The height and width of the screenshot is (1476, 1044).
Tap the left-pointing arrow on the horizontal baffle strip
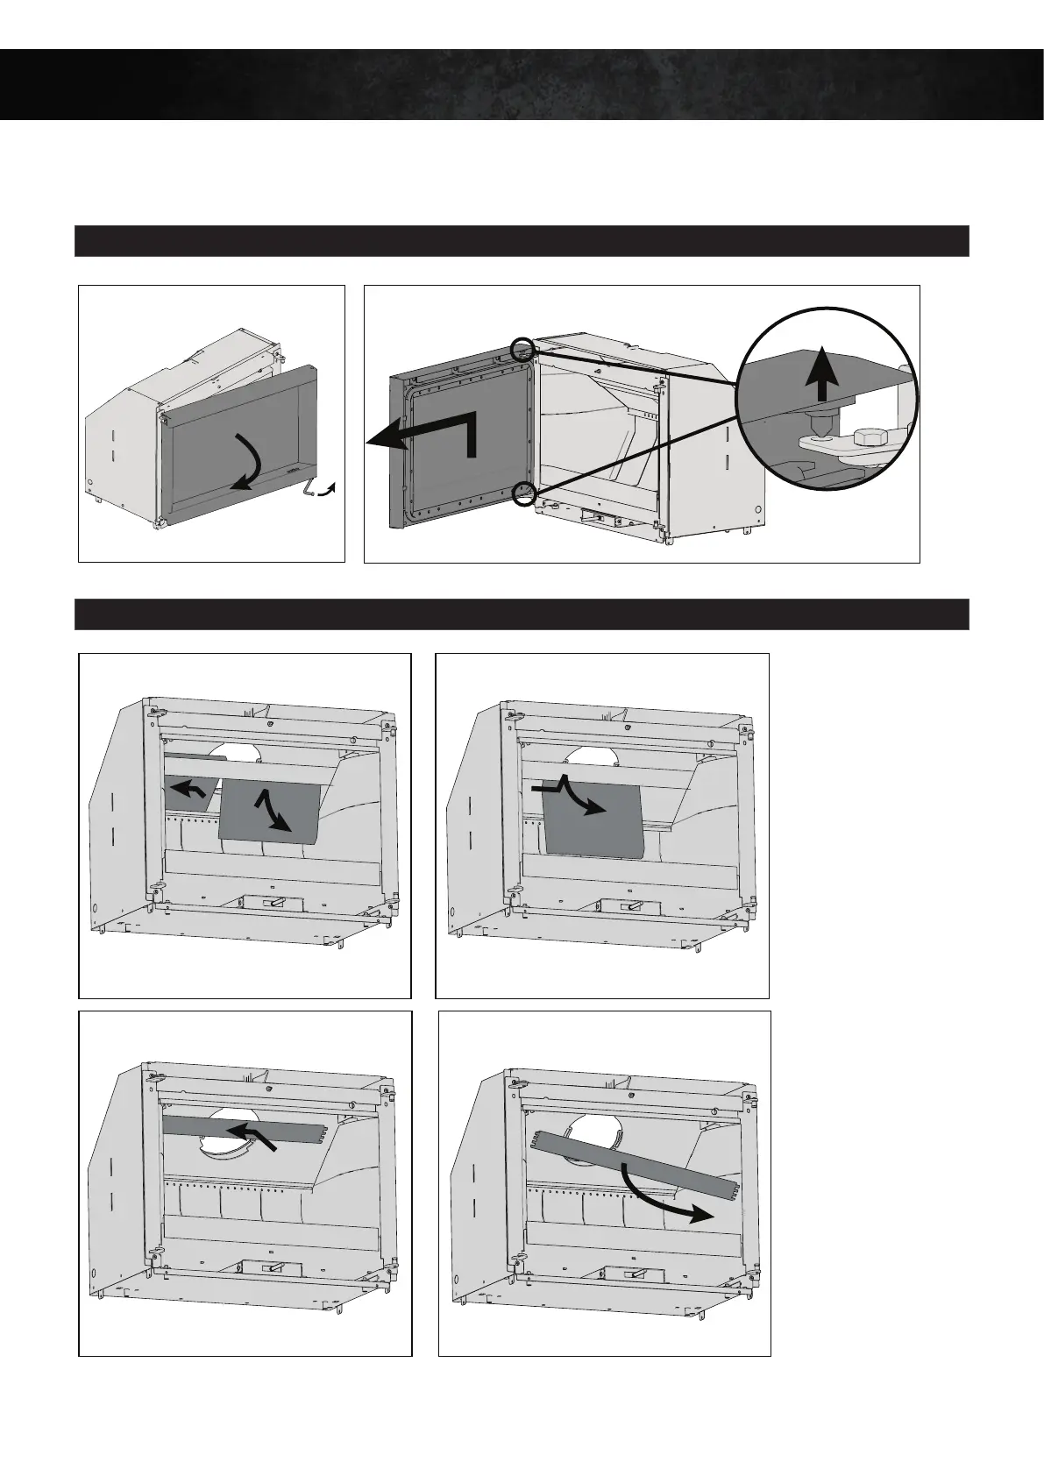(x=253, y=1134)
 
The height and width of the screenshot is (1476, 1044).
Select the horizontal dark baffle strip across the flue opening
(x=202, y=1126)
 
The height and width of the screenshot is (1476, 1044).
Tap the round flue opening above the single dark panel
(x=586, y=759)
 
